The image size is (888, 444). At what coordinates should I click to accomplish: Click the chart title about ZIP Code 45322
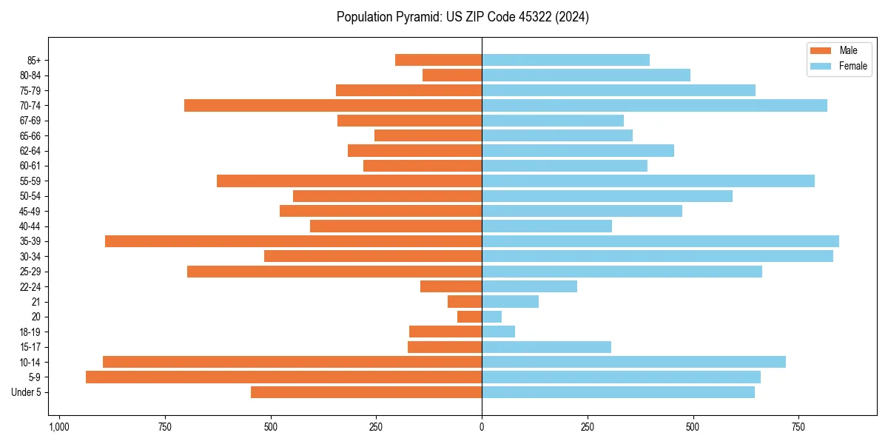click(x=462, y=17)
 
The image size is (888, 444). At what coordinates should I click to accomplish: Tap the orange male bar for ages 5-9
click(x=283, y=377)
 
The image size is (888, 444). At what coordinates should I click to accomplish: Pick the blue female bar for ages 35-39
click(x=660, y=241)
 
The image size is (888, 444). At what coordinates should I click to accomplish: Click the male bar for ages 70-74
click(x=333, y=106)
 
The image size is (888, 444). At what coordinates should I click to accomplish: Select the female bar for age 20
click(x=492, y=317)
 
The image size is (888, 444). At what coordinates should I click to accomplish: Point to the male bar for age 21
click(x=465, y=302)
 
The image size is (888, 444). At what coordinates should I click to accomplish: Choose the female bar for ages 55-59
click(x=648, y=181)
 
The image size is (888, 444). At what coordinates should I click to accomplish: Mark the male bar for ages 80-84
click(x=452, y=75)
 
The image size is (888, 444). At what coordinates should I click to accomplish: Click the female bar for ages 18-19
click(x=499, y=332)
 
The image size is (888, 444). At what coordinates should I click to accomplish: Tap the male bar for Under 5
click(x=366, y=392)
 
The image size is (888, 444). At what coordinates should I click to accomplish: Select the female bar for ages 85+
click(x=566, y=60)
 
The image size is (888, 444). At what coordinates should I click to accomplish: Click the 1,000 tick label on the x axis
click(x=59, y=427)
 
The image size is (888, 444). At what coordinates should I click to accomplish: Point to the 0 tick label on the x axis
click(x=482, y=427)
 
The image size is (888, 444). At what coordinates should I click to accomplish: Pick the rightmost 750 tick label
click(x=798, y=427)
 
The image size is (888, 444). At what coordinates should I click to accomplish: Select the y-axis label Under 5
click(x=26, y=392)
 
